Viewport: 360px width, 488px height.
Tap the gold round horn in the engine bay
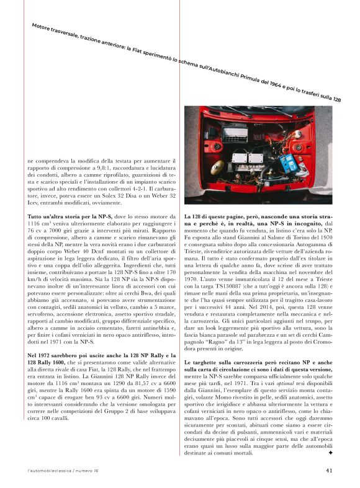click(x=217, y=167)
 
